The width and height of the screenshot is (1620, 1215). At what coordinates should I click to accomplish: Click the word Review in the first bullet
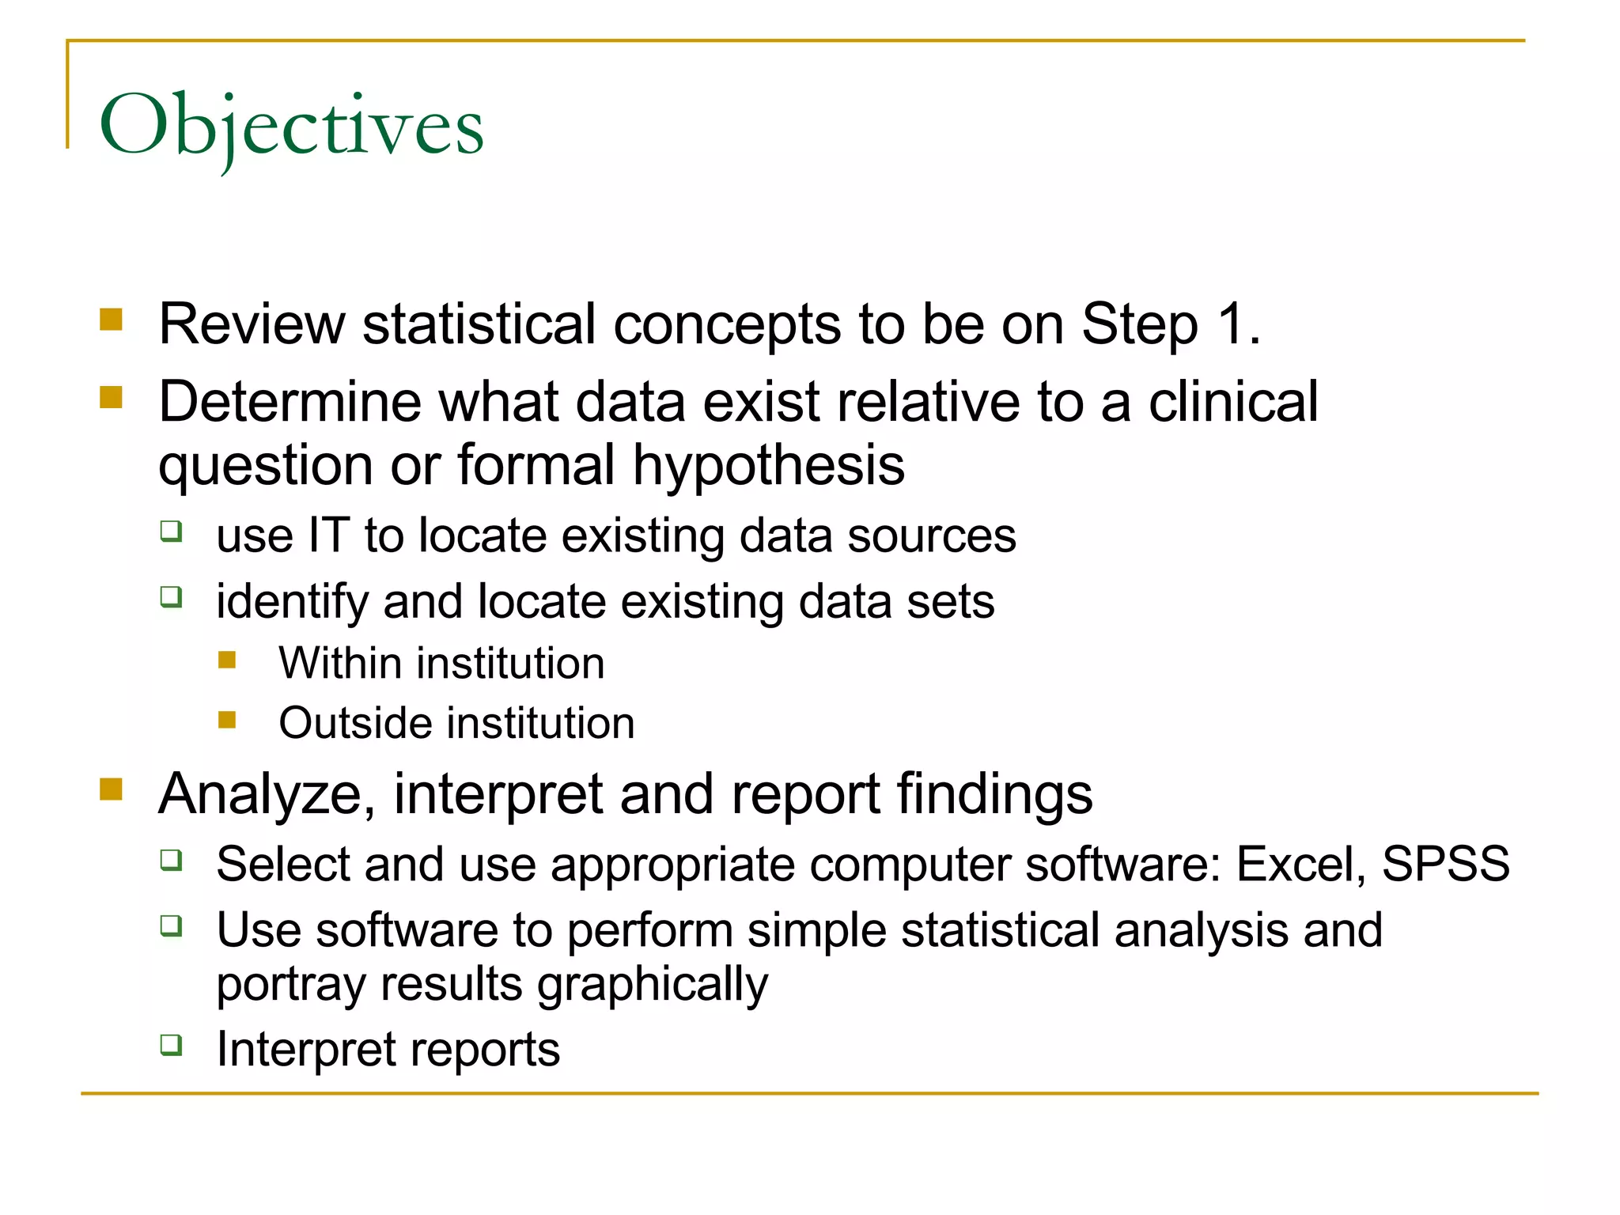click(252, 324)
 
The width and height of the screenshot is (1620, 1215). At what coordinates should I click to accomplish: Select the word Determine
click(290, 402)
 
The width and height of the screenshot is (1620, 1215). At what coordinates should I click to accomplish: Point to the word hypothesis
click(768, 466)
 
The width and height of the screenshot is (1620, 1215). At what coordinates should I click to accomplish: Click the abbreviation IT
click(328, 536)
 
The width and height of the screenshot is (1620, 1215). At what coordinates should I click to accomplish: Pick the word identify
click(292, 602)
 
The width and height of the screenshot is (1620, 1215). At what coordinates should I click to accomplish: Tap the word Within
click(334, 663)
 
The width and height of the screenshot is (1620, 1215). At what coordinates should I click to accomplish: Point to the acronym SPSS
click(1445, 864)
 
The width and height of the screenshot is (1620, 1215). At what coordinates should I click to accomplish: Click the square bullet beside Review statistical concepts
click(112, 320)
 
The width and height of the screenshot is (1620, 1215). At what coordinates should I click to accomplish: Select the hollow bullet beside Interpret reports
click(172, 1045)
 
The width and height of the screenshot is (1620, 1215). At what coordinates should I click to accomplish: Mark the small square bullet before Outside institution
click(228, 719)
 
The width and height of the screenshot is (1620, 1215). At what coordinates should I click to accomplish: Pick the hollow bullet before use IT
click(172, 531)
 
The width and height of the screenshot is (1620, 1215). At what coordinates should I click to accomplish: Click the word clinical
click(1233, 402)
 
